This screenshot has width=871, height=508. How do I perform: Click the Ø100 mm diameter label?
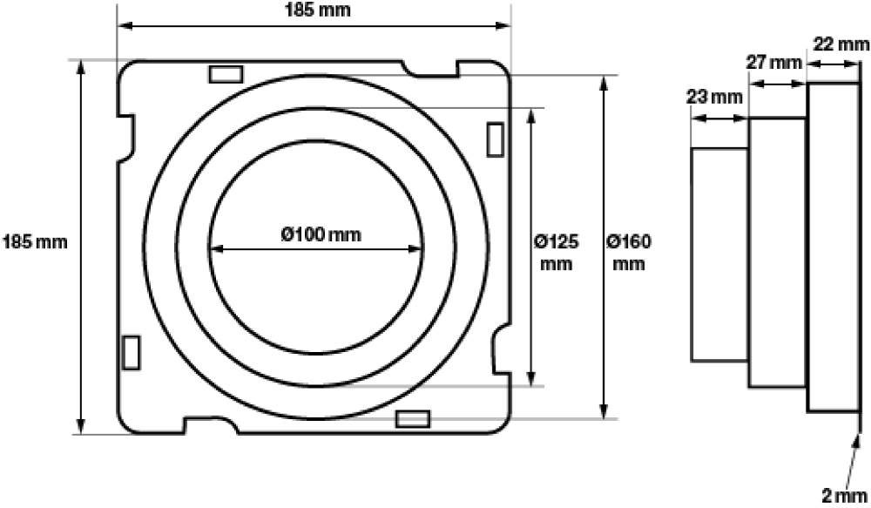coord(321,234)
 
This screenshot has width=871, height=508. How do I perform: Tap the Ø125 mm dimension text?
coord(556,253)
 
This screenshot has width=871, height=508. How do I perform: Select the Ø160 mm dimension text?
coord(629,253)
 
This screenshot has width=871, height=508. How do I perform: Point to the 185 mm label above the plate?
coord(318,10)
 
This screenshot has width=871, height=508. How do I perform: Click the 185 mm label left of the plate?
coord(35,242)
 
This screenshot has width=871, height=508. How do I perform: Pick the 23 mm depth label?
coord(714,98)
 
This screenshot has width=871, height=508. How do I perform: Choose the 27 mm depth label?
coord(773,62)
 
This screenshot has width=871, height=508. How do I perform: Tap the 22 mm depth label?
coord(841,44)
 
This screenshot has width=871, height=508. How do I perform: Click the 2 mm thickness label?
coord(844,495)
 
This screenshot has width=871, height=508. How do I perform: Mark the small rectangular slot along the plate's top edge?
coord(226,74)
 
